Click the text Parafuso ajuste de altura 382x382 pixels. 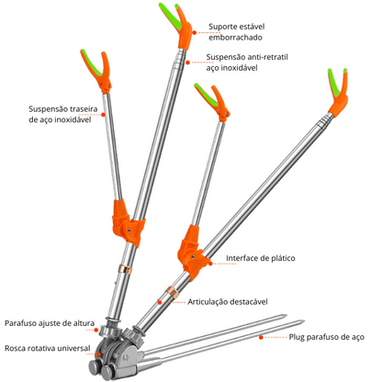49,322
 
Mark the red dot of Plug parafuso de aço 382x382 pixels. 263,337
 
